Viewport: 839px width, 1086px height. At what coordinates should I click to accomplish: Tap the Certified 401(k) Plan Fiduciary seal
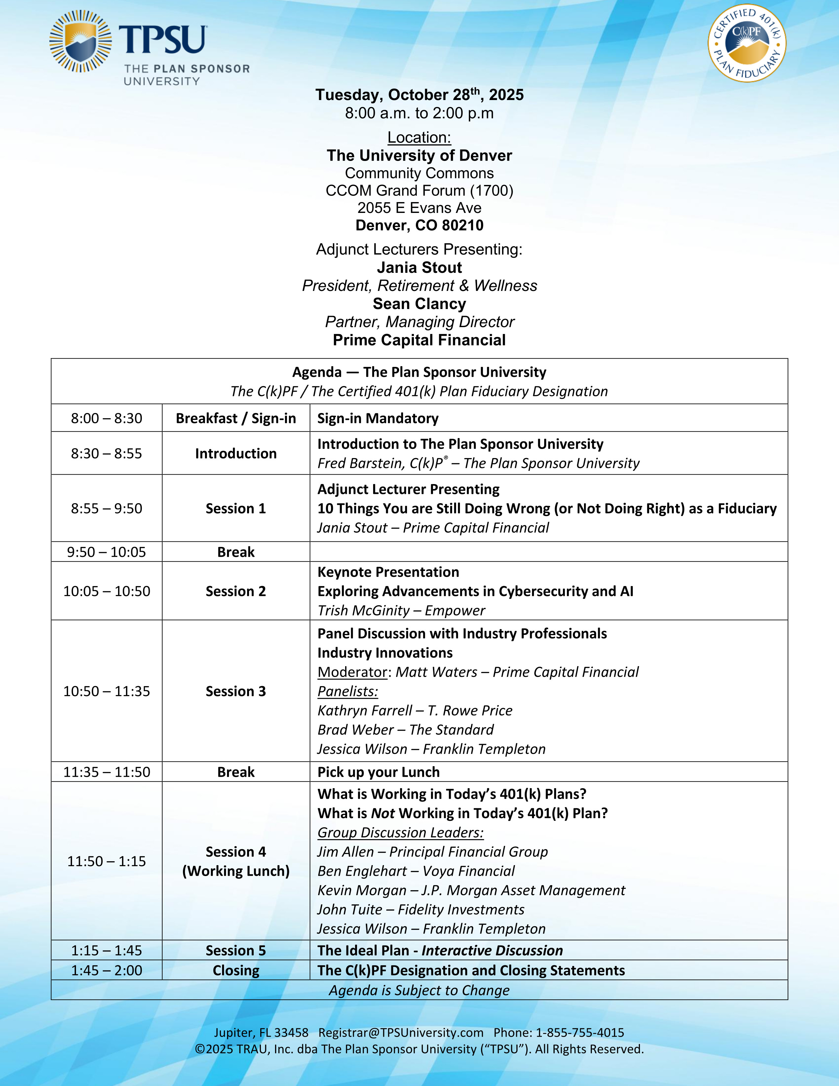[747, 43]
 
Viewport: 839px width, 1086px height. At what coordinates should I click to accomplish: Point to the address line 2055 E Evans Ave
[419, 208]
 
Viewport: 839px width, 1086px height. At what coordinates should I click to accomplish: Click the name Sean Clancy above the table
[419, 304]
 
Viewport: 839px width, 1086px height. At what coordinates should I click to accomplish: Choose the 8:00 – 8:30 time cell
[106, 418]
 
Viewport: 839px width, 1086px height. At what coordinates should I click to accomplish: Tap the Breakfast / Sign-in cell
[236, 418]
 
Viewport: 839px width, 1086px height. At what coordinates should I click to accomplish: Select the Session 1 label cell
[236, 508]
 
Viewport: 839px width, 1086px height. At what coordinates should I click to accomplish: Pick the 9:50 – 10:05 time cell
[106, 552]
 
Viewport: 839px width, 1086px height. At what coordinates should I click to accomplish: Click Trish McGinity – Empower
[401, 610]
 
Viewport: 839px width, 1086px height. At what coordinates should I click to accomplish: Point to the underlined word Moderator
[352, 672]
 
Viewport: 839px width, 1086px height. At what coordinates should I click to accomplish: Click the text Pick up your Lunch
[378, 772]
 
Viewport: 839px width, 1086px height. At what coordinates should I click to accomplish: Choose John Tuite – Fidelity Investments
[420, 910]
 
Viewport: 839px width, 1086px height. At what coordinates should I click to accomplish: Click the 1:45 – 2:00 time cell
[106, 970]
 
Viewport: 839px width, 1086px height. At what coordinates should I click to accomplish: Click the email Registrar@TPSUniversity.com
[401, 1033]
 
